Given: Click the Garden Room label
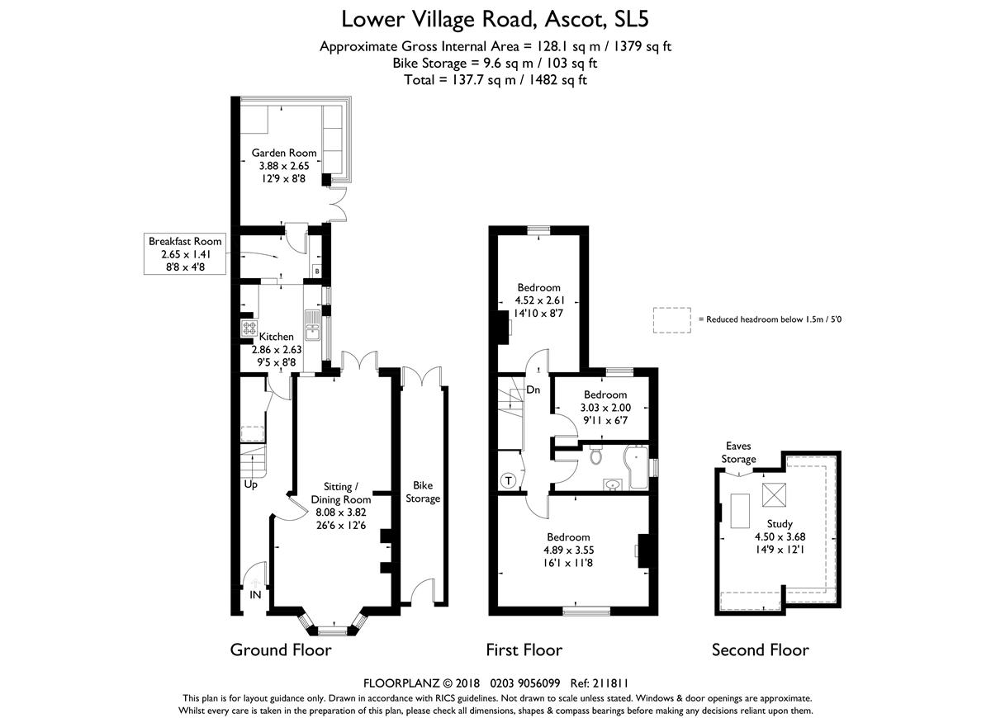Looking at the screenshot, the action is pyautogui.click(x=284, y=153).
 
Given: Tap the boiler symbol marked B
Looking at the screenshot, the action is pyautogui.click(x=317, y=271).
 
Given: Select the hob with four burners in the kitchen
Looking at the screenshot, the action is pyautogui.click(x=249, y=328).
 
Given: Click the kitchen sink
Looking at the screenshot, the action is pyautogui.click(x=313, y=325).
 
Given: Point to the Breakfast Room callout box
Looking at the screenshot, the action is pyautogui.click(x=185, y=254).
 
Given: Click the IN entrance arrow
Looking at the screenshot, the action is pyautogui.click(x=255, y=583).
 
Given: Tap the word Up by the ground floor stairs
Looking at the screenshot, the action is pyautogui.click(x=250, y=485).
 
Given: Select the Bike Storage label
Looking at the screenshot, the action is pyautogui.click(x=423, y=492).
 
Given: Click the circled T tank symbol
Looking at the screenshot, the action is pyautogui.click(x=509, y=480).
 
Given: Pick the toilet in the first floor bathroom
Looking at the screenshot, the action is pyautogui.click(x=596, y=455).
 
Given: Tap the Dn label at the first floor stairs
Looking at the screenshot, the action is pyautogui.click(x=533, y=390).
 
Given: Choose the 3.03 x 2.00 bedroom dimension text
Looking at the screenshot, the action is pyautogui.click(x=605, y=408).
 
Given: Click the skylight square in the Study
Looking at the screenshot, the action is pyautogui.click(x=775, y=494).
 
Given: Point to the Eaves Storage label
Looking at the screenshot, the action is pyautogui.click(x=738, y=453).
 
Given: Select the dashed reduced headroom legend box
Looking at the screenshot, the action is pyautogui.click(x=672, y=320).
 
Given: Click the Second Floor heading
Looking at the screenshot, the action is pyautogui.click(x=760, y=650).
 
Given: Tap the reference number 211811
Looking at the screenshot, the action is pyautogui.click(x=610, y=683).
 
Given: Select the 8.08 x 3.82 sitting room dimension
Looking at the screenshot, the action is pyautogui.click(x=340, y=513).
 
